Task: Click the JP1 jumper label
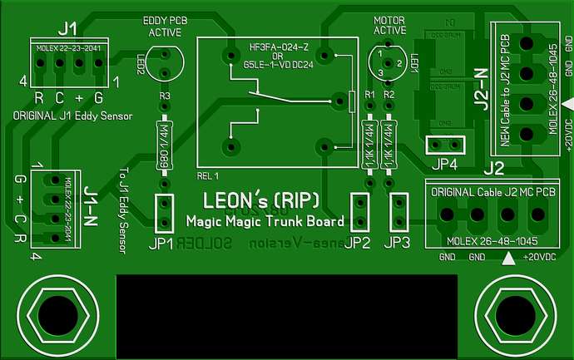[162, 244]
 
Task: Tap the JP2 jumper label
[359, 244]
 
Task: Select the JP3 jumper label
[398, 244]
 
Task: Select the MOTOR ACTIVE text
[389, 26]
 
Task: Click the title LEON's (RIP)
[261, 201]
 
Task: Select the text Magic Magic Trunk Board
[265, 222]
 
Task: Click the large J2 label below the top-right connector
[493, 168]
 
